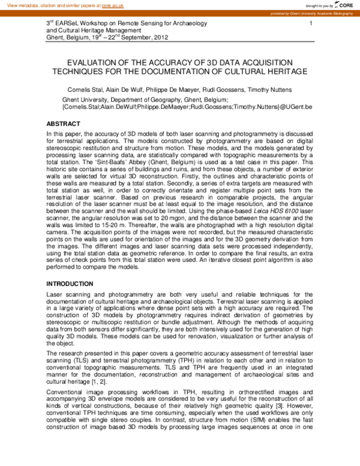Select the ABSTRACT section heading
(x=63, y=124)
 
